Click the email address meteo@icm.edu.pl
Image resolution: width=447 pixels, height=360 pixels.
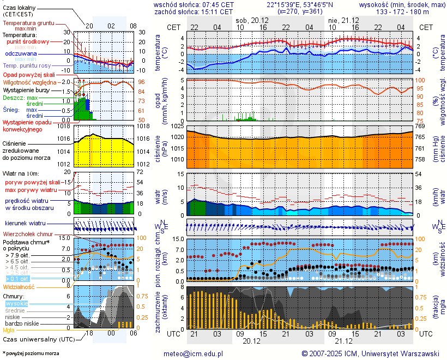(x=194, y=353)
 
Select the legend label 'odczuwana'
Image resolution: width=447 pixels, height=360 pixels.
(x=21, y=54)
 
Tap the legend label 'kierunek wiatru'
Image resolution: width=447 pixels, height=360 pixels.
(x=25, y=224)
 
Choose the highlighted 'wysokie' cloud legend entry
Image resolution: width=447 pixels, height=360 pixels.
(x=16, y=303)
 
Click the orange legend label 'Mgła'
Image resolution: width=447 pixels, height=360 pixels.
(x=9, y=330)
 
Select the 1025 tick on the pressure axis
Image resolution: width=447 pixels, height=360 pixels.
(x=177, y=127)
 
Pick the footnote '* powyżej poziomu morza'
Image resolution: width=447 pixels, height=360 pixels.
(x=31, y=353)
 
